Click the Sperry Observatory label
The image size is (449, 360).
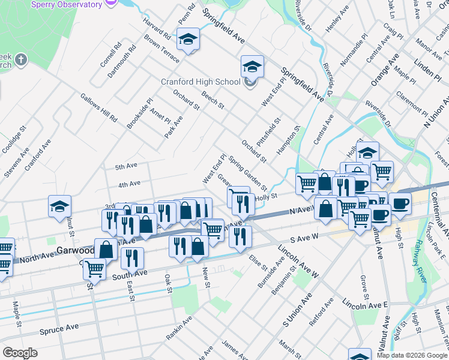coord(67,5)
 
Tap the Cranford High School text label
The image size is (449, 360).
coord(200,82)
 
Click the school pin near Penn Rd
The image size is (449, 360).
coord(188,39)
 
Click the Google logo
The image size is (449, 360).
coord(20,353)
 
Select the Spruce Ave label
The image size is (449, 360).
coord(59,331)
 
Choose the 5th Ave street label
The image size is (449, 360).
coord(127,166)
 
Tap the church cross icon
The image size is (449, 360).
coord(20,60)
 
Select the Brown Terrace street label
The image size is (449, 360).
coord(161,49)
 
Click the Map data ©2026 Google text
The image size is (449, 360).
coord(411,355)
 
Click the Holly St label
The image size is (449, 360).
coord(266,196)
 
